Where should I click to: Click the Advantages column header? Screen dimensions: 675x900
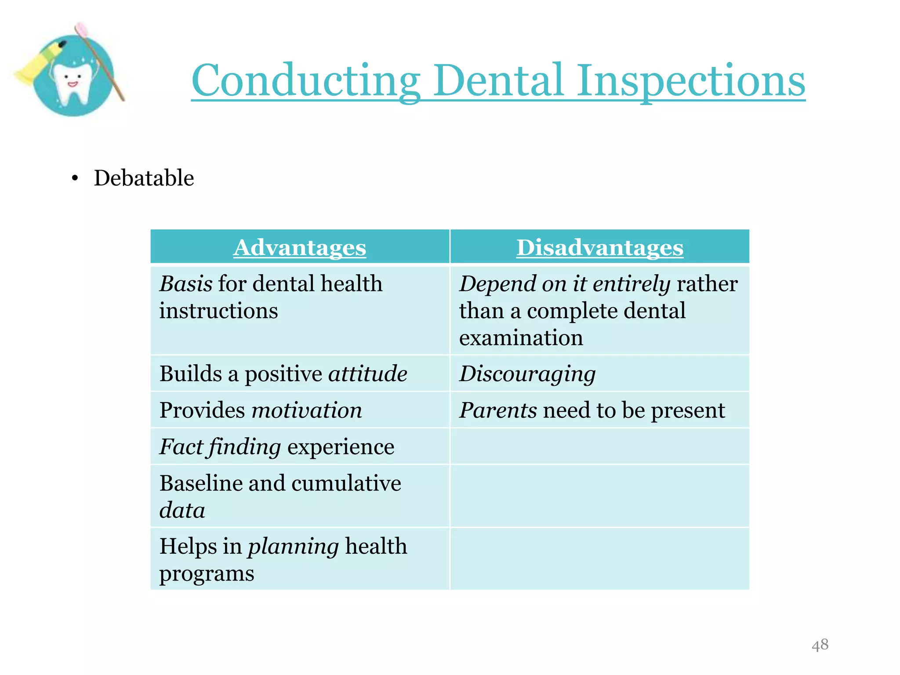299,247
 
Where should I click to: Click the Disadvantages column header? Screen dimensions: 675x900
599,247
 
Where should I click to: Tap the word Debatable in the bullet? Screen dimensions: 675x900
144,178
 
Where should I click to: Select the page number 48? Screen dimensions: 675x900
820,645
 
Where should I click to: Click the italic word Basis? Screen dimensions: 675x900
186,283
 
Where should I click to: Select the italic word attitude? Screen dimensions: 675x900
367,374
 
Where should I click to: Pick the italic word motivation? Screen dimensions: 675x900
306,410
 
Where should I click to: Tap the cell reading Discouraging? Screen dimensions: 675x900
527,374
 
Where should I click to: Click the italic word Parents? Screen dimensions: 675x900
498,410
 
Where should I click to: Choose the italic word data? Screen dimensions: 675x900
182,510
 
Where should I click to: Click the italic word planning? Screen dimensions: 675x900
293,546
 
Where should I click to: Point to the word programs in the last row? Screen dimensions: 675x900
207,573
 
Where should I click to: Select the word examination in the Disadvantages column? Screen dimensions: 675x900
521,337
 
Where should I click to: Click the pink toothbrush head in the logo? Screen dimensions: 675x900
82,29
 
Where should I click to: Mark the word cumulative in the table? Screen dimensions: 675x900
346,483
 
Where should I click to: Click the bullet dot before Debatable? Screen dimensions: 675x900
75,178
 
